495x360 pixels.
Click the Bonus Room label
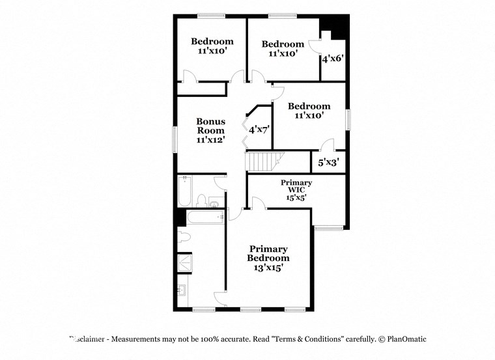click(x=211, y=130)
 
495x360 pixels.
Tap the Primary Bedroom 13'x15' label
click(x=268, y=258)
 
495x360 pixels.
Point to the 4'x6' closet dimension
click(x=332, y=59)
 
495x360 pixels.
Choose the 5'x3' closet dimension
click(x=328, y=162)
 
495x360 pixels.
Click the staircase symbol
click(x=264, y=161)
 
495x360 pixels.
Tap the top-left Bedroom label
click(x=212, y=46)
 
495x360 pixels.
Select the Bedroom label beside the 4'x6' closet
click(x=283, y=49)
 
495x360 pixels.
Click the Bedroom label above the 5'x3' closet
click(x=309, y=111)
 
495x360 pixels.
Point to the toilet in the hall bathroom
click(x=202, y=201)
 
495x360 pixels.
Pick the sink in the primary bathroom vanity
click(x=182, y=290)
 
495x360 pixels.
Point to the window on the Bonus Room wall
click(x=174, y=139)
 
